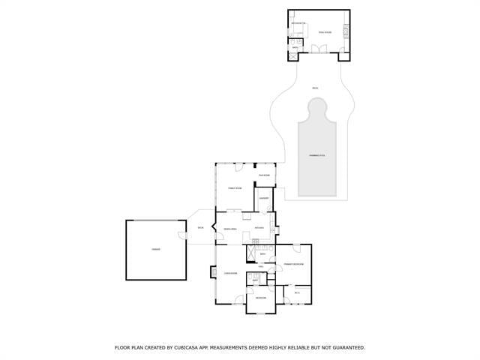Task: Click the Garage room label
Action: click(x=155, y=249)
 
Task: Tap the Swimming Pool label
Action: click(x=317, y=155)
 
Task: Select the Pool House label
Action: click(x=325, y=32)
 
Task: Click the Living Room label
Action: click(x=230, y=274)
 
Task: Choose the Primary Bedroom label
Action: click(x=292, y=265)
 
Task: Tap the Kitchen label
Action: click(x=259, y=228)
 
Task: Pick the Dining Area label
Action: click(x=231, y=229)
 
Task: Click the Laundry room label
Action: click(x=264, y=199)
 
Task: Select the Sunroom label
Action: click(x=264, y=175)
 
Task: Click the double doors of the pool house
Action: click(x=319, y=49)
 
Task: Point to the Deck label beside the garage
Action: click(x=200, y=228)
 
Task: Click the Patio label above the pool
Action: click(x=315, y=88)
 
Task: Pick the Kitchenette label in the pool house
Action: click(x=298, y=24)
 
